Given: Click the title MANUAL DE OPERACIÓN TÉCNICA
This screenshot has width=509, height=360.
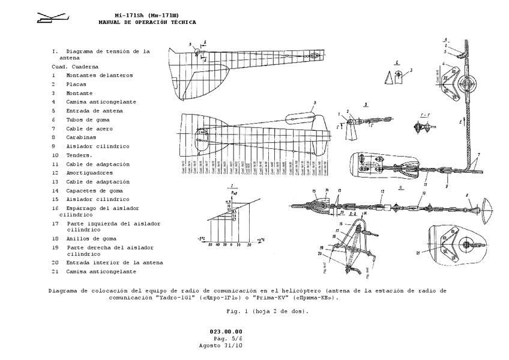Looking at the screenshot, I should tap(147, 22).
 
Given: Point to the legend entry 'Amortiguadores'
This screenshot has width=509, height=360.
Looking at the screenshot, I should tap(89, 173).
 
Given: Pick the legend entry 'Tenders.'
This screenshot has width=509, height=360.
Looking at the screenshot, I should tap(80, 155).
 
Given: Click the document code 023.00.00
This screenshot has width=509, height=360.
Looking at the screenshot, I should tap(226, 332).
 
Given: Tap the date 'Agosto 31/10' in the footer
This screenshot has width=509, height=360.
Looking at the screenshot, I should tap(221, 346).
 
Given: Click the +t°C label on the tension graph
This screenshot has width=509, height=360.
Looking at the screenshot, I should tap(261, 240).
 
